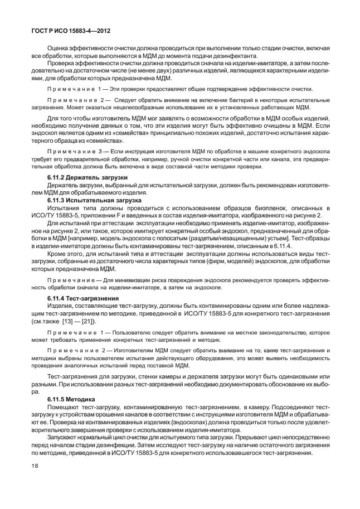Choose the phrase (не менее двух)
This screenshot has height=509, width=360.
pyautogui.click(x=138, y=72)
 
